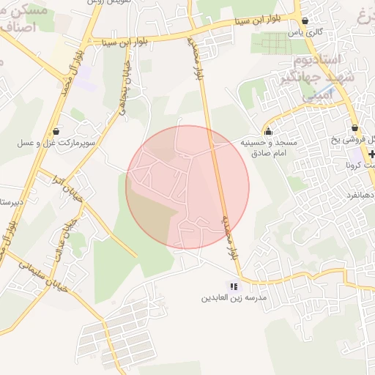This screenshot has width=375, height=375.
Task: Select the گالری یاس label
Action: tap(305, 33)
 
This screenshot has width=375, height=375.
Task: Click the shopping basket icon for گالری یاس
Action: tap(305, 21)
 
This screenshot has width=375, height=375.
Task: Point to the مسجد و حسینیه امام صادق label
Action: tap(269, 148)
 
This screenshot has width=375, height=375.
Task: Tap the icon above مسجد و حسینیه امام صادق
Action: tap(269, 132)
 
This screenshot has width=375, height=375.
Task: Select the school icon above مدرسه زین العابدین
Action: tap(234, 286)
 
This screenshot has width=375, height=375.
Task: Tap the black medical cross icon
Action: tap(372, 153)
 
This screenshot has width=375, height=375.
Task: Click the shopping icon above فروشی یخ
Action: tap(354, 127)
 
